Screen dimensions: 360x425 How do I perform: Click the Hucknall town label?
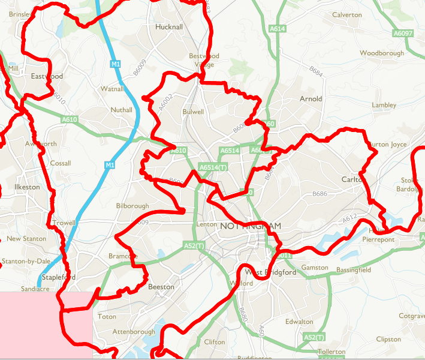point(168,28)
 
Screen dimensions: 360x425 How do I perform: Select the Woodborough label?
point(382,53)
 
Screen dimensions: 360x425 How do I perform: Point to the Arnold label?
point(311,98)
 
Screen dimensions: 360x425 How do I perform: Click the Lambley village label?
point(384,105)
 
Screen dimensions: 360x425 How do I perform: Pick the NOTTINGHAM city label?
point(250,226)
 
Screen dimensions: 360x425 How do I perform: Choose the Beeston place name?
point(161,287)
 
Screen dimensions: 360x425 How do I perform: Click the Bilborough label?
point(132,206)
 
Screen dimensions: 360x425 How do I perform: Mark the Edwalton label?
point(299,322)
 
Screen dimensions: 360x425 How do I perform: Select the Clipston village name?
point(388,339)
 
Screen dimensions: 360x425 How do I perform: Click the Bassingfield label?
point(354,270)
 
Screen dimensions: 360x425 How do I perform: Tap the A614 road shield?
point(278,29)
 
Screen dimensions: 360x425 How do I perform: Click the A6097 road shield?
point(403,33)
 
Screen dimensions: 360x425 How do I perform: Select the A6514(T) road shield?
point(213,167)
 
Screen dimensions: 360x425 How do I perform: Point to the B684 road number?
point(317,74)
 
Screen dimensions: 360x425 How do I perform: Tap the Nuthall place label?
point(121,110)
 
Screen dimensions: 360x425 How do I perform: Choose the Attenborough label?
point(134,332)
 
